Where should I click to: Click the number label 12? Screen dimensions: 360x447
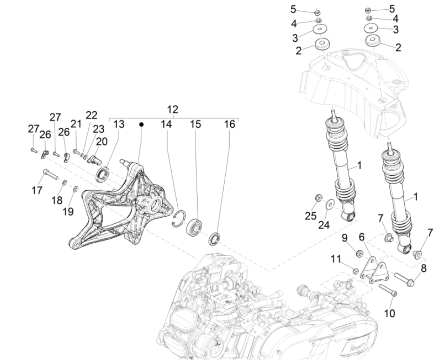click(173, 110)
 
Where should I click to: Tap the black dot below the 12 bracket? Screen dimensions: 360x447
click(141, 125)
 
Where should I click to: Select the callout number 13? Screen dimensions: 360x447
click(119, 124)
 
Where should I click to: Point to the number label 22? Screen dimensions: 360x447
click(92, 115)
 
